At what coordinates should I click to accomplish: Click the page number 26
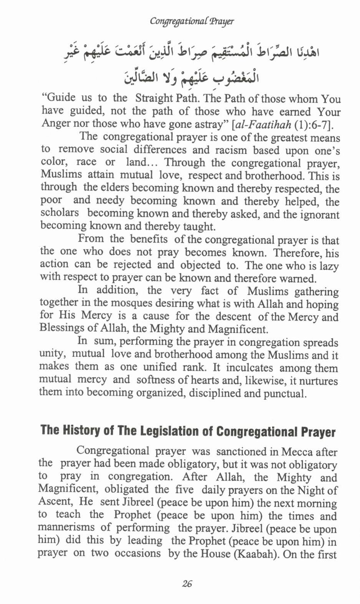(187, 584)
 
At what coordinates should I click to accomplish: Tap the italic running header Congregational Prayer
(192, 21)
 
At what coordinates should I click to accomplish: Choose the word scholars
(59, 213)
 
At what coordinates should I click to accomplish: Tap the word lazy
(329, 266)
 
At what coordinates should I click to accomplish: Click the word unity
(52, 354)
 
